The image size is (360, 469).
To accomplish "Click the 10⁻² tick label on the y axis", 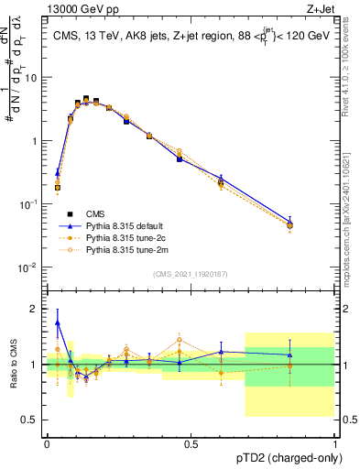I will coord(27,267).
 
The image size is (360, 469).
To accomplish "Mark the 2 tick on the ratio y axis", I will coord(35,309).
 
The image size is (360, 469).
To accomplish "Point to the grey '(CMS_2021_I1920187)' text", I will coord(191,274).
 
